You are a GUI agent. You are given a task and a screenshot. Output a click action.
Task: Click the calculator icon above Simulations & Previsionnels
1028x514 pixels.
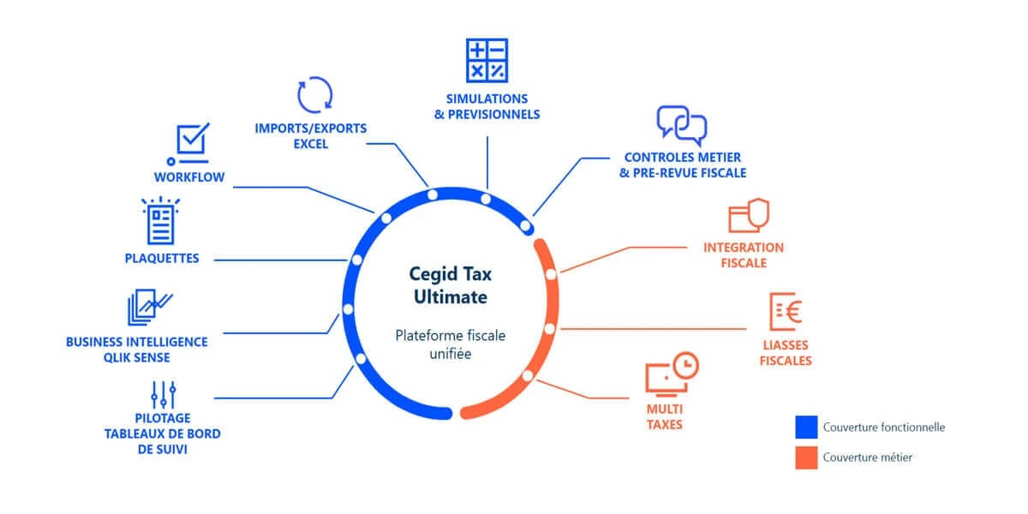pos(487,60)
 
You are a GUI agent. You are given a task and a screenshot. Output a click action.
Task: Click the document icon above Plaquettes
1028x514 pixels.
pos(161,222)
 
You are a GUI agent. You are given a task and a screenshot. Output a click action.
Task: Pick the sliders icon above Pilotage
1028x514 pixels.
pos(163,395)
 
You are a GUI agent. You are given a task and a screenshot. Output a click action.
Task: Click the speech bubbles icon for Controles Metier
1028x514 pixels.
pos(682,125)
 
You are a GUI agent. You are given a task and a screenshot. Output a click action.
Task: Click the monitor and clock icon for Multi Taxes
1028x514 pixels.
pos(671,375)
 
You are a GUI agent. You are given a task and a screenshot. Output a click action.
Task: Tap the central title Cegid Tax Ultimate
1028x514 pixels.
pos(450,286)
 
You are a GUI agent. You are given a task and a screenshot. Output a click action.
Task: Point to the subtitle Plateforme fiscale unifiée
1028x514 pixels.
pos(450,344)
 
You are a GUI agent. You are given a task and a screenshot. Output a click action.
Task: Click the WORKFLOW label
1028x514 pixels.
pos(189,177)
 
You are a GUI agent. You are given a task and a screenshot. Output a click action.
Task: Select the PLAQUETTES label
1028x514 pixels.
pos(162,258)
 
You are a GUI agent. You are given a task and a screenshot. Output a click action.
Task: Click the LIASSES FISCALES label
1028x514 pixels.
pos(786,353)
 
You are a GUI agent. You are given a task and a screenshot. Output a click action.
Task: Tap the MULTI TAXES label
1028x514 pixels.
pos(665,416)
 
